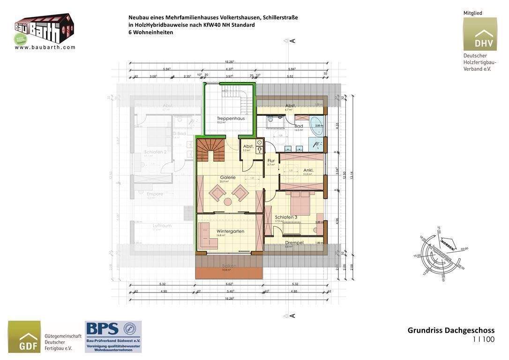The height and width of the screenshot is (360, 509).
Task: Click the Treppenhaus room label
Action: (231, 119)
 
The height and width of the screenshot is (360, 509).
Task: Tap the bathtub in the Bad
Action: (316, 126)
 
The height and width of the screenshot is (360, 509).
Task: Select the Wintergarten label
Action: (230, 231)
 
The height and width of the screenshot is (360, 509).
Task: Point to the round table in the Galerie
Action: (228, 202)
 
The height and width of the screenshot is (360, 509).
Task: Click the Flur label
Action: (271, 161)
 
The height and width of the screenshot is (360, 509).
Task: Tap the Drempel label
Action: (294, 242)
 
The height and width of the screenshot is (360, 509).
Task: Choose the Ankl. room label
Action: (308, 170)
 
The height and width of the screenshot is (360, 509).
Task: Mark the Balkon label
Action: (229, 266)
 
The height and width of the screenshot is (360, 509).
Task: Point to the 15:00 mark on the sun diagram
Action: (416, 256)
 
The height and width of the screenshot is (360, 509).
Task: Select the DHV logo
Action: (480, 34)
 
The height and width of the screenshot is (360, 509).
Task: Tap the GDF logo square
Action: (24, 337)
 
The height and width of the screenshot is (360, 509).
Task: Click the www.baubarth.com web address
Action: (45, 47)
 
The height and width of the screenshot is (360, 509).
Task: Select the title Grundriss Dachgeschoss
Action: (451, 330)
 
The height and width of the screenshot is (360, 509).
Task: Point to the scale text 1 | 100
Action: (484, 339)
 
